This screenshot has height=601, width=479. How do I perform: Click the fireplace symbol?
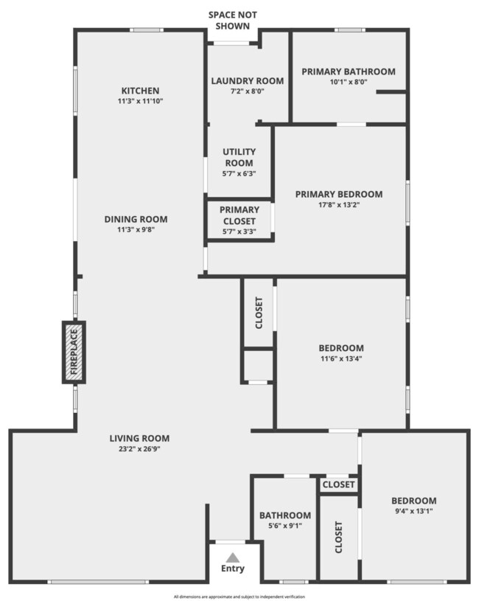(74, 352)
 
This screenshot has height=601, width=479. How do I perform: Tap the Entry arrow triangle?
(232, 557)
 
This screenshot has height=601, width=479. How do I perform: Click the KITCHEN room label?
(141, 91)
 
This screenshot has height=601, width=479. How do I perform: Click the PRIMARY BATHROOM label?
(349, 72)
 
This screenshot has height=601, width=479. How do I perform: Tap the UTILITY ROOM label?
(238, 158)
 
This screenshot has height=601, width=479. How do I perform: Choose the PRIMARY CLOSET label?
(238, 215)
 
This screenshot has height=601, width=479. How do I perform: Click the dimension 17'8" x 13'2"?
(339, 205)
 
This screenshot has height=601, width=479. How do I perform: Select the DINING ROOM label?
(136, 219)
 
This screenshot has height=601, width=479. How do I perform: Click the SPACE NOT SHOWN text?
(233, 19)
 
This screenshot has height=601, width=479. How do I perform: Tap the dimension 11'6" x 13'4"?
(341, 359)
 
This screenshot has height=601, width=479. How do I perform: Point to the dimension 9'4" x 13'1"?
(413, 510)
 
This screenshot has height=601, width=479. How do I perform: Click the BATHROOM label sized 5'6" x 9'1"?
(284, 515)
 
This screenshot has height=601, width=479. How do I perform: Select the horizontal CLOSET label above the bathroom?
(339, 485)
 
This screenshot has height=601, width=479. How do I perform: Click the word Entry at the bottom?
(232, 569)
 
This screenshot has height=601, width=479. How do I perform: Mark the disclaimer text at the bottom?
(239, 597)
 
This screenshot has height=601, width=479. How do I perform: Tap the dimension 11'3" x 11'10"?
(141, 100)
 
